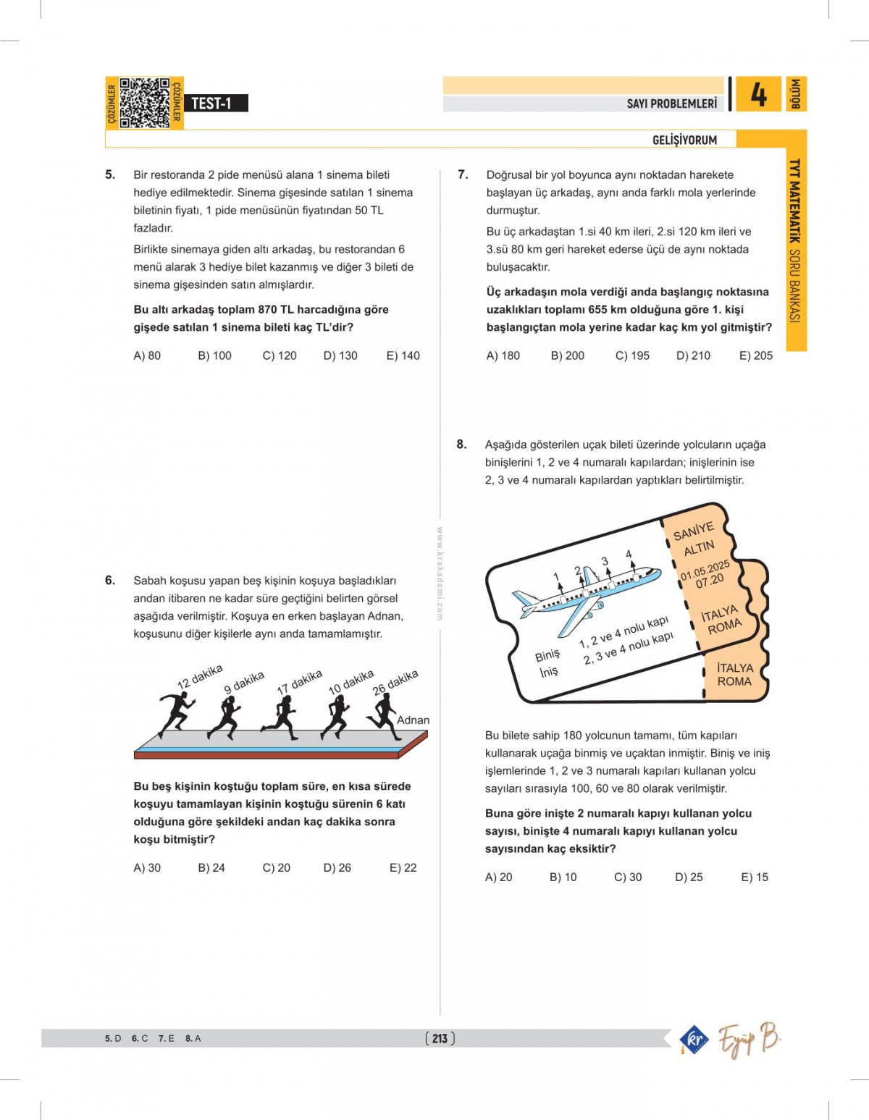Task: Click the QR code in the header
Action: click(144, 103)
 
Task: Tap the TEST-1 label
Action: click(211, 104)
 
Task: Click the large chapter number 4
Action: click(758, 95)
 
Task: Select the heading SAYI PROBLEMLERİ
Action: click(671, 104)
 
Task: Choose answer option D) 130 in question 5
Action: click(340, 355)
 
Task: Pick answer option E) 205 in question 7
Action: click(756, 355)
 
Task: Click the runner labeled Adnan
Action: click(382, 714)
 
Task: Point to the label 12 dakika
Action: click(200, 676)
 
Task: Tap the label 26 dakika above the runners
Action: click(395, 682)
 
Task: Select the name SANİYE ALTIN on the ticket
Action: click(694, 539)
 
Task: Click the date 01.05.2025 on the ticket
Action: click(705, 570)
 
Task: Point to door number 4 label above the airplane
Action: click(629, 554)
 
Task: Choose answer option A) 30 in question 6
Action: click(147, 867)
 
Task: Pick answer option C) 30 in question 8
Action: click(628, 877)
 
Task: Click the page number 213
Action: click(440, 1038)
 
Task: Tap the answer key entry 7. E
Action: click(166, 1038)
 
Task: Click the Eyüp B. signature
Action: click(749, 1039)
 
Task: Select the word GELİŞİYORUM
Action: click(684, 140)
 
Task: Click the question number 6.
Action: click(110, 580)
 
